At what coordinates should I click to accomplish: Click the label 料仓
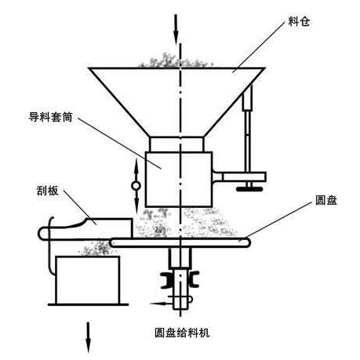tap(299, 21)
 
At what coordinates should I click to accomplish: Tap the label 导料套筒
tap(50, 117)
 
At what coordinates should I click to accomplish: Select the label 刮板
tap(47, 191)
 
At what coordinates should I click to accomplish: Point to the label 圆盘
tap(326, 200)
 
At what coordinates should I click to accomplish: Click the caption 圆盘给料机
tap(182, 333)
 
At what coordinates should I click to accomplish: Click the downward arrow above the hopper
tap(176, 29)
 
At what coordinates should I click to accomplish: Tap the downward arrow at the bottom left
tap(89, 337)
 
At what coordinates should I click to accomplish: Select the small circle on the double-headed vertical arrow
tap(136, 186)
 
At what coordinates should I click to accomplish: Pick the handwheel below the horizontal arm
tap(249, 188)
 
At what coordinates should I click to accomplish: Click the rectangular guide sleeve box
tap(179, 180)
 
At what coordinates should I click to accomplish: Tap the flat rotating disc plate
tap(180, 242)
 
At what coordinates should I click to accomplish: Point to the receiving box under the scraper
tap(88, 280)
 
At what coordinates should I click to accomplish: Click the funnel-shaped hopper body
tap(177, 102)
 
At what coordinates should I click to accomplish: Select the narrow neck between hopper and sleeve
tap(176, 144)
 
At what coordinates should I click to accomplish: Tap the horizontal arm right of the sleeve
tap(239, 176)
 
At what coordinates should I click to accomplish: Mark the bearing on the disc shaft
tap(180, 280)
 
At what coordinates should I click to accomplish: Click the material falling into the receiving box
tap(96, 248)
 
